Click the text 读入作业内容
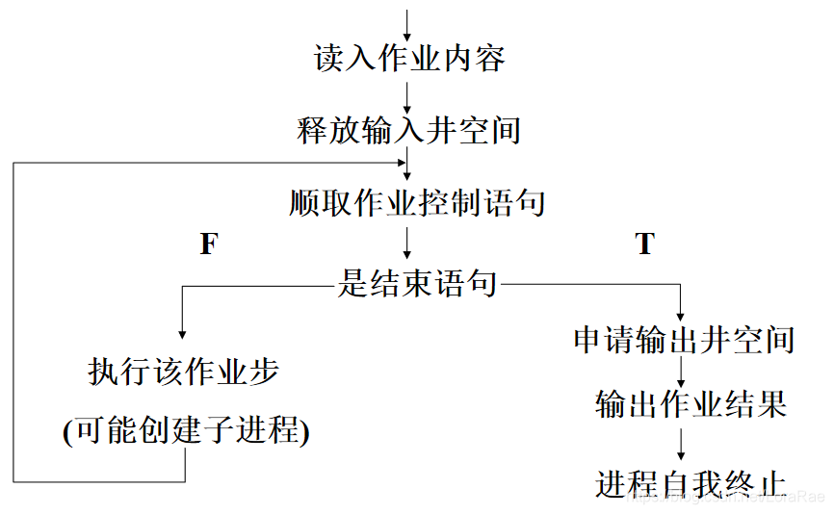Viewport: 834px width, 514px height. click(x=409, y=59)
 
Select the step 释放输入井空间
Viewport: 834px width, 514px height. click(x=409, y=130)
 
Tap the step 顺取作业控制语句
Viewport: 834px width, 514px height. click(x=418, y=203)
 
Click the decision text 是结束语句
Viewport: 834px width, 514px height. click(x=418, y=284)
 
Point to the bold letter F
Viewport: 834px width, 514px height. click(x=208, y=244)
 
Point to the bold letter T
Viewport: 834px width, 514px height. click(x=645, y=244)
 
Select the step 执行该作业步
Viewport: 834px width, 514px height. click(x=184, y=372)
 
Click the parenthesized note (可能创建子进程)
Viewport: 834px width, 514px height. click(x=186, y=430)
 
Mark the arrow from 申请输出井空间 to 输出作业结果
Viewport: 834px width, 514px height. click(x=681, y=372)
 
